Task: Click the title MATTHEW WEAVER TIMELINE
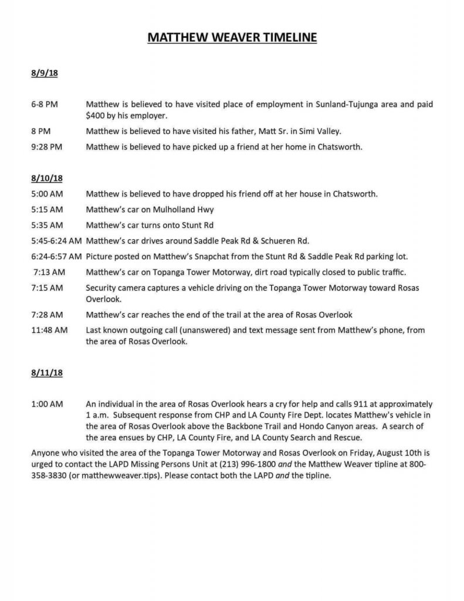click(232, 38)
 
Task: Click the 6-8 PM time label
click(44, 104)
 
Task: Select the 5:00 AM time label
click(46, 193)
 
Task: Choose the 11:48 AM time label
click(49, 330)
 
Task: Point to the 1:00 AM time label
click(46, 404)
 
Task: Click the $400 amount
click(96, 115)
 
